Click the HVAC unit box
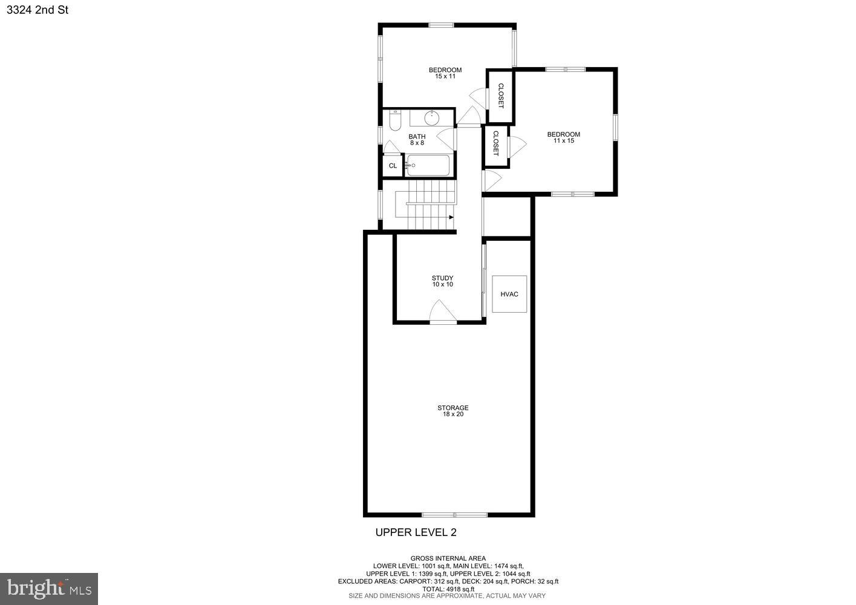pos(509,294)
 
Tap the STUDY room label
pos(442,278)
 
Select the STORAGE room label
pos(453,408)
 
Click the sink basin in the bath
pos(432,117)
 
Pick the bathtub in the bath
pos(428,165)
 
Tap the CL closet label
pos(393,166)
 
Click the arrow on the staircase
pos(451,217)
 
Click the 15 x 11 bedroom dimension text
pos(445,77)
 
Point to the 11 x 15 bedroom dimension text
pos(563,141)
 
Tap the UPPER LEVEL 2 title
pos(416,532)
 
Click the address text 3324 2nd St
pos(38,10)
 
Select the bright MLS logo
pos(49,588)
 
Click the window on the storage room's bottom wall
pos(454,515)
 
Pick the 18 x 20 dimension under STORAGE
pos(453,414)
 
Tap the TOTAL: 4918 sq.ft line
pos(448,589)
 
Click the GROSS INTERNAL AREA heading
pos(448,558)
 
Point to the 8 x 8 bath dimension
pos(417,143)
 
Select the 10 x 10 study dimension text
pos(442,284)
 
